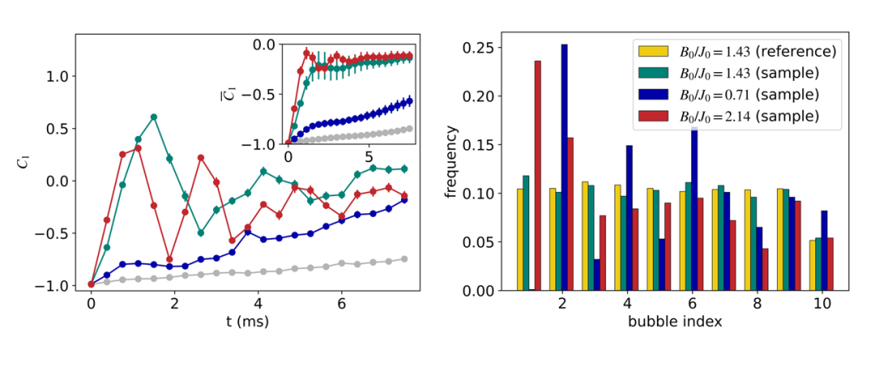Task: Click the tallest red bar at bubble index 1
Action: click(x=537, y=175)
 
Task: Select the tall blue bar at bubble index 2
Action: click(x=564, y=167)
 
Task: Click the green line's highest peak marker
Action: click(x=153, y=117)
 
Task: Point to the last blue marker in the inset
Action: click(x=409, y=100)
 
